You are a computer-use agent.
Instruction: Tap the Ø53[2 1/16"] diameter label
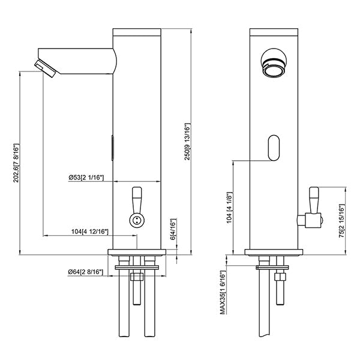tap(86, 178)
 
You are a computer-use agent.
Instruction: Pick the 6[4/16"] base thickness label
tap(173, 230)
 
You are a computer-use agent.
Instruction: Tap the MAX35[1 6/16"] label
tap(222, 292)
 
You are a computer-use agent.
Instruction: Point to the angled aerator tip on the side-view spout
tap(46, 68)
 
